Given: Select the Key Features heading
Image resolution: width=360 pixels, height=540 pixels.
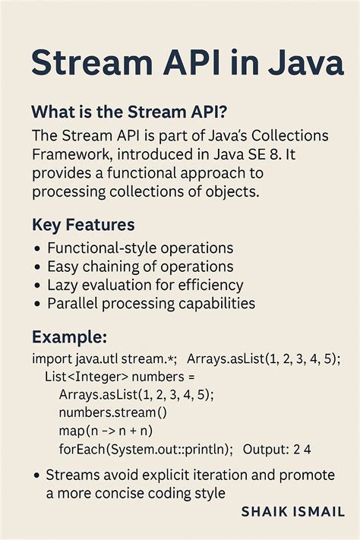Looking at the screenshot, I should point(84,226).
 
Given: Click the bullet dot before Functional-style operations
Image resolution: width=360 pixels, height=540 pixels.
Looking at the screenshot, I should point(37,249).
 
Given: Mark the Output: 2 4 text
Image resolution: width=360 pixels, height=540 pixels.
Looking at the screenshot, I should point(276,450).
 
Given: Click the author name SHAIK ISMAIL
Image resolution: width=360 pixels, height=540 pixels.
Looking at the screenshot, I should point(293,512).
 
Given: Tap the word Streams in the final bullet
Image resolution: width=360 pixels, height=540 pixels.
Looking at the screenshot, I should point(74,475).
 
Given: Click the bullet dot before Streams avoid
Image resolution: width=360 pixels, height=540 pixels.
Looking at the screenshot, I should point(37,475).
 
